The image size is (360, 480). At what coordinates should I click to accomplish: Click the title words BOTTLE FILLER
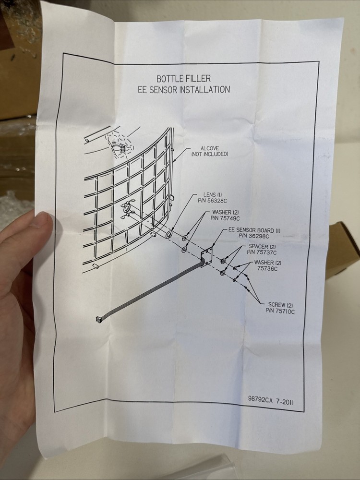click(x=184, y=79)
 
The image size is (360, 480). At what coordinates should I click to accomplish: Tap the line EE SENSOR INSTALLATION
click(x=184, y=90)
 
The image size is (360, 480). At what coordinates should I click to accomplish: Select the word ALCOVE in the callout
click(x=210, y=148)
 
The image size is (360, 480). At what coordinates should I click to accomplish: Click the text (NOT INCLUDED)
click(x=210, y=154)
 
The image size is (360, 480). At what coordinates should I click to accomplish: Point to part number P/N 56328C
click(x=212, y=201)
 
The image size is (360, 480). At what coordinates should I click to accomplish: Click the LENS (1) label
click(x=213, y=195)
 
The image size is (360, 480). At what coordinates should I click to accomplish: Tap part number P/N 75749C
click(x=225, y=218)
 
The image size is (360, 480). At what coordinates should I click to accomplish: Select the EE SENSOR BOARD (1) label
click(x=254, y=230)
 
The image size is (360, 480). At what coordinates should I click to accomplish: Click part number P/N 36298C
click(x=254, y=236)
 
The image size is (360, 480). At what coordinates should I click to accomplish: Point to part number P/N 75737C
click(x=262, y=252)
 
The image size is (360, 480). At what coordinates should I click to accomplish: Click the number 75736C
click(x=267, y=269)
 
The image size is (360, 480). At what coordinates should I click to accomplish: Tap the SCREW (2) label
click(x=280, y=305)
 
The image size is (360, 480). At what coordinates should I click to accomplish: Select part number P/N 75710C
click(x=280, y=311)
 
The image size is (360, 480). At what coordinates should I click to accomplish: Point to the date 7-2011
click(x=285, y=401)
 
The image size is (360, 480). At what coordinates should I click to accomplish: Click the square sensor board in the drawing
click(x=206, y=256)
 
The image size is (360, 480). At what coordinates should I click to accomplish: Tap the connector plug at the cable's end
click(x=98, y=320)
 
